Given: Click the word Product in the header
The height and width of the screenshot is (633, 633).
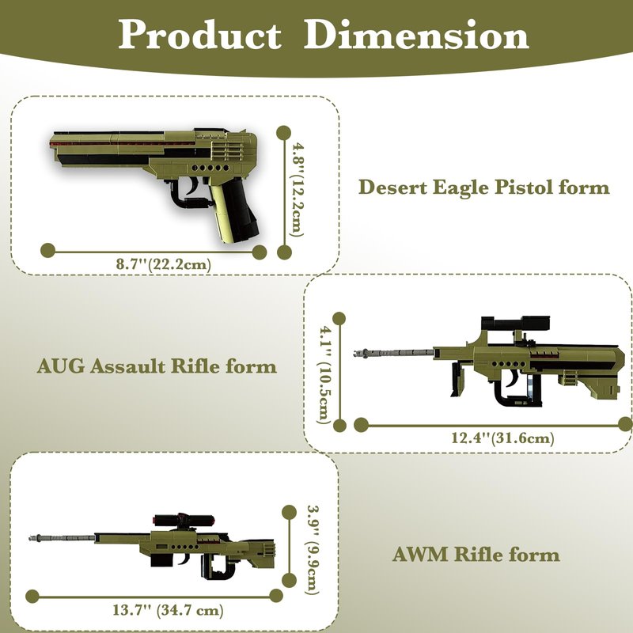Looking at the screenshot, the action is coord(199,36).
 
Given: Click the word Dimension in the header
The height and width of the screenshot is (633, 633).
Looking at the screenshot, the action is coord(416,35).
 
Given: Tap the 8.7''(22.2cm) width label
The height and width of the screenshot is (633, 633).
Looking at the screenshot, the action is coord(164,265).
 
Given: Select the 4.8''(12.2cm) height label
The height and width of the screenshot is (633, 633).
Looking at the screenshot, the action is coord(298,190).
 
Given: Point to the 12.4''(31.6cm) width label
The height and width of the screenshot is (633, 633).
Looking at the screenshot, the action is coord(502,438).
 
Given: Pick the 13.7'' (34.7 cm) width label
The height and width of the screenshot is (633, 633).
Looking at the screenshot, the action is coord(168,609).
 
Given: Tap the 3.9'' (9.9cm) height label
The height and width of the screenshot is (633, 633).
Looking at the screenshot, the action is coord(313,550).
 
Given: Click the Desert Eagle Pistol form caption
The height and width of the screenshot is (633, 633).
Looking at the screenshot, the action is coord(484,188).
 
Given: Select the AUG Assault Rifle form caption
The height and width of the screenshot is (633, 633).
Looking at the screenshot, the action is coord(157,366).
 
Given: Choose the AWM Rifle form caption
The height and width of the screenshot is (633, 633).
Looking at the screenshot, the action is coord(476,555).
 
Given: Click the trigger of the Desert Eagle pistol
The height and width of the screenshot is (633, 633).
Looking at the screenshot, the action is coord(192,186).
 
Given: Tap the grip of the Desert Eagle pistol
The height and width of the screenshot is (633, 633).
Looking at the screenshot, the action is coord(236,211).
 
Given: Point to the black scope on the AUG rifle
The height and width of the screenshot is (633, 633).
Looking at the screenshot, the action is coord(516,324).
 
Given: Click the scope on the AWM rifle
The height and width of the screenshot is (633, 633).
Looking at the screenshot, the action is coord(183,520).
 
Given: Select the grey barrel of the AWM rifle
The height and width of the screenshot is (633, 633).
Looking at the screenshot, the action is coord(62,538).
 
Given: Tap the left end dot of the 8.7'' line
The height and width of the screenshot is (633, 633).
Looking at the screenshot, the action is coord(48,250).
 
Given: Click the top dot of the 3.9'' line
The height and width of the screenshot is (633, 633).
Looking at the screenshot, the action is coord(289,512).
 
